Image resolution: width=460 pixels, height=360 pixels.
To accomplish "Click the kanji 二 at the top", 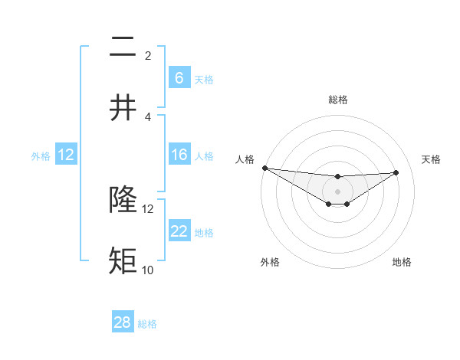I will (123, 48).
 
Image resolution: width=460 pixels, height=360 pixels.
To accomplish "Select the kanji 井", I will (123, 108).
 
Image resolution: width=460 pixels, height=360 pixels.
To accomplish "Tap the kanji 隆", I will (123, 200).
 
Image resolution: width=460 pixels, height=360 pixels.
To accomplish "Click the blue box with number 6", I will (179, 78).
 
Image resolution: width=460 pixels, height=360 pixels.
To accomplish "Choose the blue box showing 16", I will (179, 155).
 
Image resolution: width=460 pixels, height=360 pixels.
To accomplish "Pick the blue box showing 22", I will (179, 232).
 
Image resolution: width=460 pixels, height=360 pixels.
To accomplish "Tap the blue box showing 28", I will (123, 322).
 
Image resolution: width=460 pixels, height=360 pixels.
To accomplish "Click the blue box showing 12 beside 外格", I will (66, 155).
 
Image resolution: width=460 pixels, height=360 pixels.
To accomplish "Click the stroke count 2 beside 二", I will (148, 56).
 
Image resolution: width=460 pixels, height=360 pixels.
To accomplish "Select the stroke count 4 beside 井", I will (148, 116).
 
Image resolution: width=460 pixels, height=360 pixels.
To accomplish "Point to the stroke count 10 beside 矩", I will (147, 270).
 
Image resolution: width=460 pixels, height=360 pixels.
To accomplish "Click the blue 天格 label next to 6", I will (204, 79).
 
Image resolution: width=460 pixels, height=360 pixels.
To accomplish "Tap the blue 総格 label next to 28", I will (148, 323).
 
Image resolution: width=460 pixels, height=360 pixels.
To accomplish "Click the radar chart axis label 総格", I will (337, 100).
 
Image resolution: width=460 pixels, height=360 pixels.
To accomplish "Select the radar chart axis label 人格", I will (244, 159).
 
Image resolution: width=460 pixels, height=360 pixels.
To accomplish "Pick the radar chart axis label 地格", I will (402, 262).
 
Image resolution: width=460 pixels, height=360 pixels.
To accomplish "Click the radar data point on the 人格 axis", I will (264, 168).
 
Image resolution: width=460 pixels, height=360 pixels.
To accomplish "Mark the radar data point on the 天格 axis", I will (396, 173).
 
